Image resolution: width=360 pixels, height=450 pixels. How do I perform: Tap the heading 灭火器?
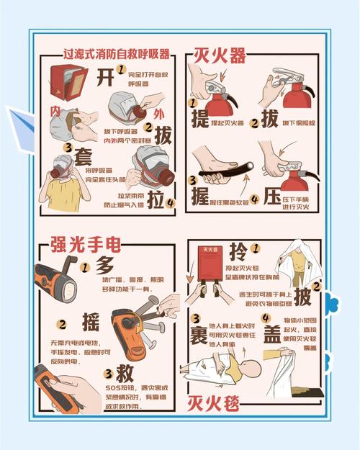point(220,55)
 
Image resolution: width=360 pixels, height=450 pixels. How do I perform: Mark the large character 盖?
point(271,336)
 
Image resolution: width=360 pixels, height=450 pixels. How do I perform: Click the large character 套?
point(81,154)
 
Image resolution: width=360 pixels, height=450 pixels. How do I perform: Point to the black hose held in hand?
point(222,174)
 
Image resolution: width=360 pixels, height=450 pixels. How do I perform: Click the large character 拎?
point(238,252)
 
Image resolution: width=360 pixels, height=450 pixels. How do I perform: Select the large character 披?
point(302,295)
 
